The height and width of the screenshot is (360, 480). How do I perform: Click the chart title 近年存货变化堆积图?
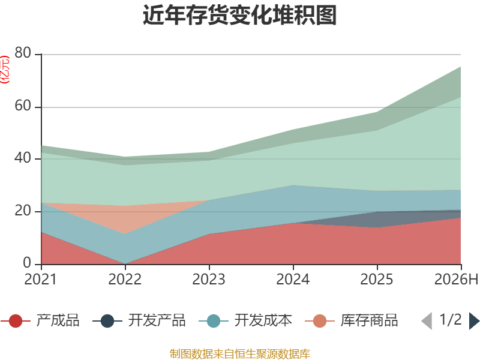[x=239, y=15]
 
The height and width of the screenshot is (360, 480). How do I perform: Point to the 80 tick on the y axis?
[x=23, y=53]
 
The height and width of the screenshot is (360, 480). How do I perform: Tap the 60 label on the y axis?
[x=23, y=106]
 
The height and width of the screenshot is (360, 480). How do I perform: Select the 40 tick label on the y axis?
[x=23, y=158]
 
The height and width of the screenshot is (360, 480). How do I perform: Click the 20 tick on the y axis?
[x=23, y=211]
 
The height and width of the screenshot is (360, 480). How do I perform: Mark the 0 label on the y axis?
[x=27, y=263]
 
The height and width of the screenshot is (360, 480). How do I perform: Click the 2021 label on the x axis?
[x=40, y=279]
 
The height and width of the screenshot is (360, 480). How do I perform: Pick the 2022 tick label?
[x=125, y=279]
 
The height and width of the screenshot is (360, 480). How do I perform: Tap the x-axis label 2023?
[x=209, y=279]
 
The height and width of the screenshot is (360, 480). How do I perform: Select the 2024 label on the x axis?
[x=293, y=279]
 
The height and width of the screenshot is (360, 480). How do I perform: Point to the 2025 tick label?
[x=377, y=279]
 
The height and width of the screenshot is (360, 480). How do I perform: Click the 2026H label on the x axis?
[x=456, y=279]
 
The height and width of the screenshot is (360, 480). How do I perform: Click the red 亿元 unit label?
[x=5, y=70]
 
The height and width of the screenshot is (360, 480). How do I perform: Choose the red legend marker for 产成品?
[x=16, y=321]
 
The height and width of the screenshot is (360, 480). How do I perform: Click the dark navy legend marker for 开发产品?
[x=107, y=321]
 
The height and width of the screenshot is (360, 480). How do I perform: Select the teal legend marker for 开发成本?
[x=214, y=321]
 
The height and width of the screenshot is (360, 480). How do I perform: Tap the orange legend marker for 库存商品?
[x=320, y=321]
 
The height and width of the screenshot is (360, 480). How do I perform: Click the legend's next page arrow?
[x=474, y=321]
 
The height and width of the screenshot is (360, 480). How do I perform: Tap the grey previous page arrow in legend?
[x=427, y=321]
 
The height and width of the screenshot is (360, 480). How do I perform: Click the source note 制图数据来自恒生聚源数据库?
[x=240, y=354]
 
